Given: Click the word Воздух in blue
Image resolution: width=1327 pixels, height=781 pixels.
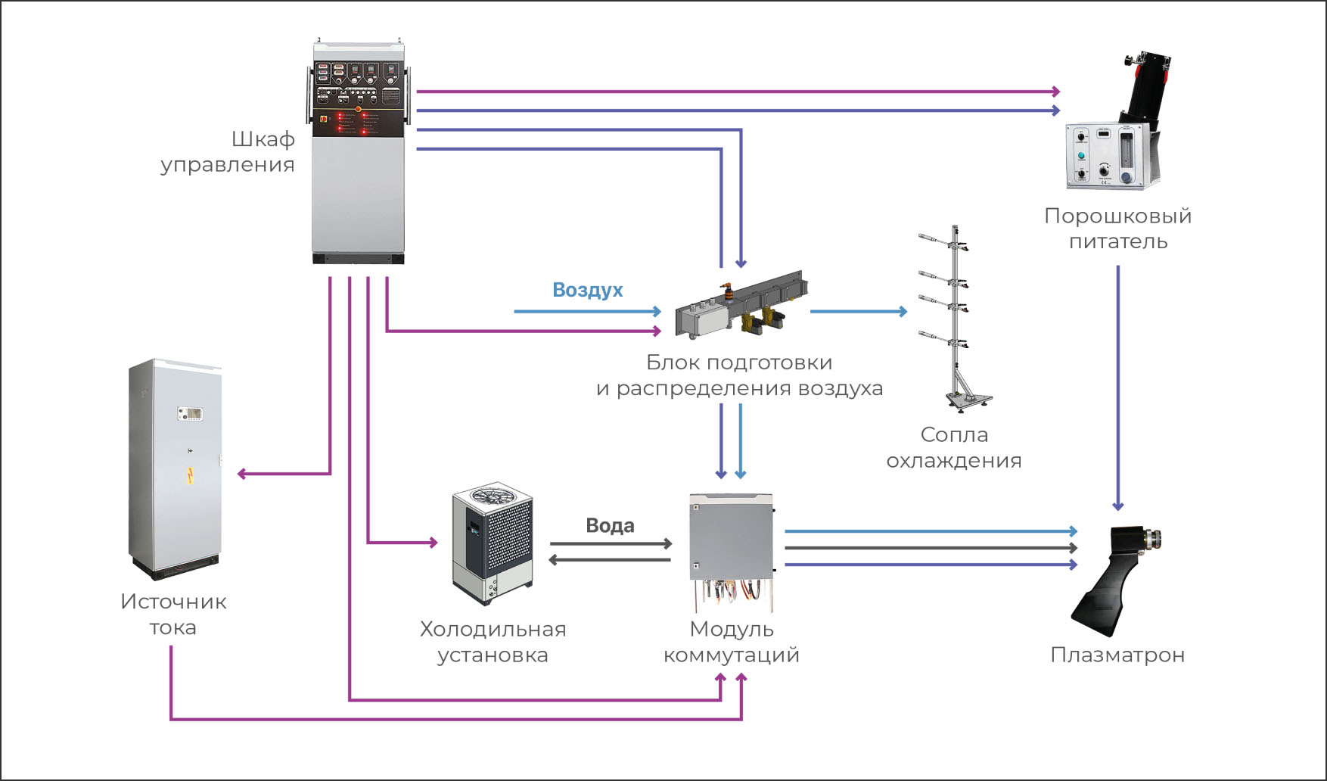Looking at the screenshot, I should point(587,290).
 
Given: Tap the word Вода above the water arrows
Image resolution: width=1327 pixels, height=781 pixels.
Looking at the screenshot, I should point(610,526).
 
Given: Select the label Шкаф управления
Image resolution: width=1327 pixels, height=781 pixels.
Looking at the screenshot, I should point(228,152).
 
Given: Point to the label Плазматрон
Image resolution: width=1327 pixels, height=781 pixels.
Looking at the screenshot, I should point(1117,655).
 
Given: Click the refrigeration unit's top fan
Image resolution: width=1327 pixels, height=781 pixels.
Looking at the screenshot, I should point(493,496).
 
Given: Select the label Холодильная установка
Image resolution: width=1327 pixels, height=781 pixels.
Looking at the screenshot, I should point(493,642).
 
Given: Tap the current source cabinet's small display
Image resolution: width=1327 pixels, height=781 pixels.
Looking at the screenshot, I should point(189,413).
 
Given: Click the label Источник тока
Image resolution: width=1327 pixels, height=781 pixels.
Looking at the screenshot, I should point(173,615).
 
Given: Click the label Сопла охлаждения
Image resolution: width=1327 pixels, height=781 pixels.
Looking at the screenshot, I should point(953,447).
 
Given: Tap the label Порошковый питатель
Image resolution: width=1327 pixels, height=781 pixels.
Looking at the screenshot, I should point(1117,229).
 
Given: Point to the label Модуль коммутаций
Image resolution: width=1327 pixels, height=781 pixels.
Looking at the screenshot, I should point(731,642).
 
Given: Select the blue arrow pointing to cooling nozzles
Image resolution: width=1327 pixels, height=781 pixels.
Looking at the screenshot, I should point(859,311).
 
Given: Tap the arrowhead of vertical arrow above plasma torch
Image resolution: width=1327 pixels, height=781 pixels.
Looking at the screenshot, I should point(1117,505).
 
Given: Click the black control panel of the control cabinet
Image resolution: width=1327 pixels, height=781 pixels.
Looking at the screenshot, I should point(359,98).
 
